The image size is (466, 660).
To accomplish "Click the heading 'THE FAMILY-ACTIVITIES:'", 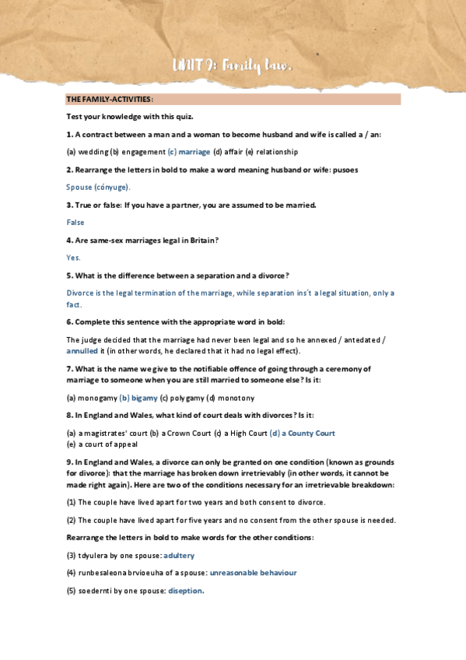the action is tap(110, 100).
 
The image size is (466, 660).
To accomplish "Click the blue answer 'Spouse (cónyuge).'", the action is tap(98, 187).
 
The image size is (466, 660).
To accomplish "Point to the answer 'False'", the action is tap(75, 222).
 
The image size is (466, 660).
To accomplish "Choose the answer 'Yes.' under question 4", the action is tap(74, 258).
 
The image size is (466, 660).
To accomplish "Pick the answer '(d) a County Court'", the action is tap(302, 433).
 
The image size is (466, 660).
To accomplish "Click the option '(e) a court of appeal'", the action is tap(102, 444).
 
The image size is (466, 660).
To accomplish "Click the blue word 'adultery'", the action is tap(179, 555).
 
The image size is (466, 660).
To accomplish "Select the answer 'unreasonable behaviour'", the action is tap(253, 573).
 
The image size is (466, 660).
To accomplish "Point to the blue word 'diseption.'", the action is tap(186, 590).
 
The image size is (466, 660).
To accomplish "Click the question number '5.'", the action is tap(69, 276).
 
